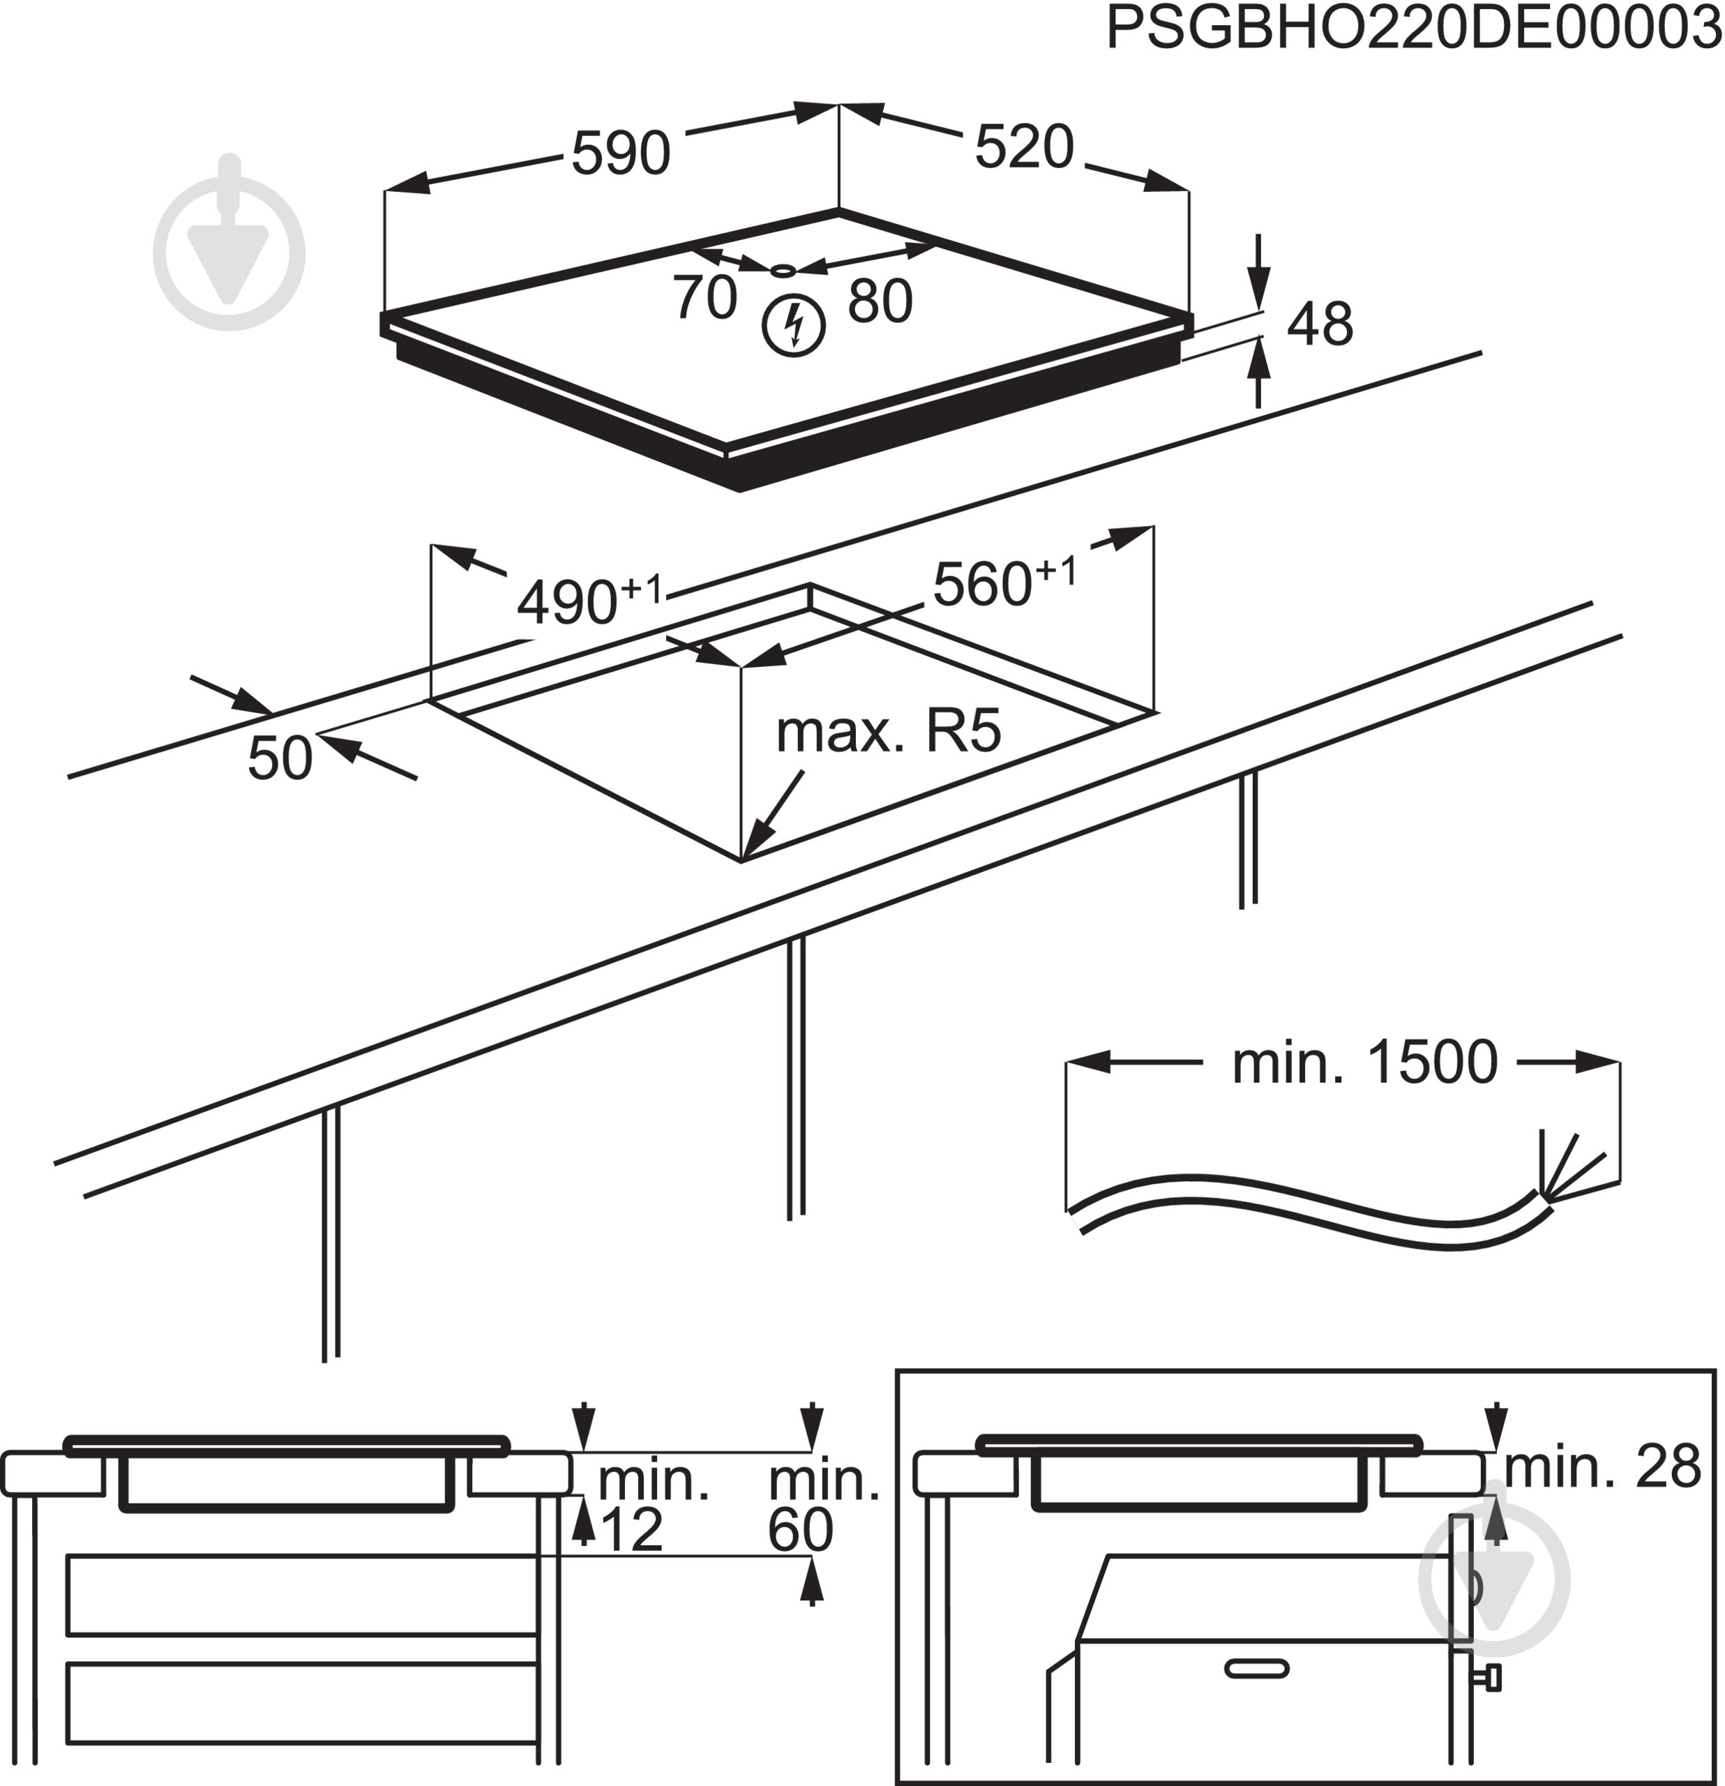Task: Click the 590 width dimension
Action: tap(621, 153)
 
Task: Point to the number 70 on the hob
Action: tap(705, 297)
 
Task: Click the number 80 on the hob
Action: tap(880, 301)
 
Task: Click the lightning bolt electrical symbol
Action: tap(794, 325)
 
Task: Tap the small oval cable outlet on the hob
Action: tap(783, 271)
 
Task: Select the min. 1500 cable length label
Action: tap(1364, 1063)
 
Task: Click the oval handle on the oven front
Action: tap(1257, 1669)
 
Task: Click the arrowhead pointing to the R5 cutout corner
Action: tap(753, 843)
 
